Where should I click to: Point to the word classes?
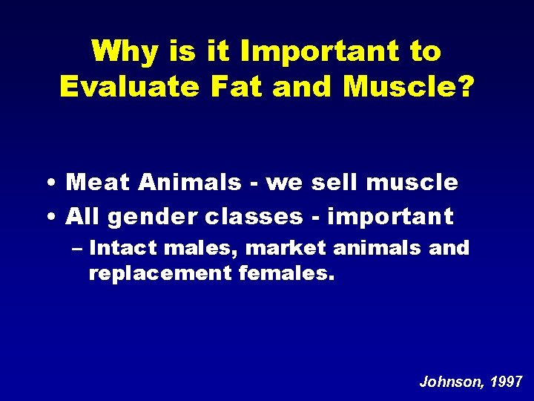click(x=254, y=217)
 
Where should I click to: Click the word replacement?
click(x=160, y=273)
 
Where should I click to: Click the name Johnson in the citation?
click(x=449, y=382)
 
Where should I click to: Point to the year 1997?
click(x=506, y=382)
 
